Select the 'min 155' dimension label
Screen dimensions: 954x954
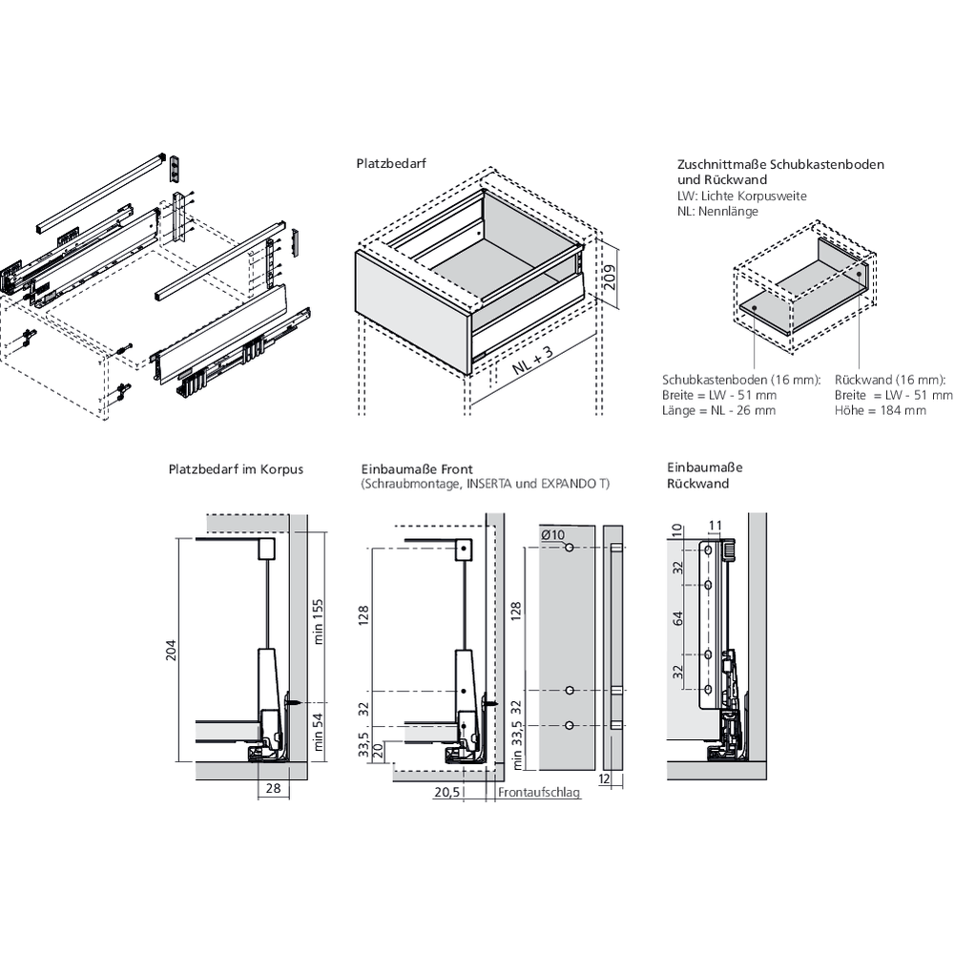tap(319, 619)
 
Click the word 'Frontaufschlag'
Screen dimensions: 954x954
tap(539, 792)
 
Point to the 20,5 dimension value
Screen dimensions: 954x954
tap(447, 792)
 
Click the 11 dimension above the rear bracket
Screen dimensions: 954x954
tap(716, 525)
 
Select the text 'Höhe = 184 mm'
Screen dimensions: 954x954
tap(880, 410)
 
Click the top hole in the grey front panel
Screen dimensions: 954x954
tap(569, 549)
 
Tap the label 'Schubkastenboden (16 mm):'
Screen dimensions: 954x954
tap(741, 380)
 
